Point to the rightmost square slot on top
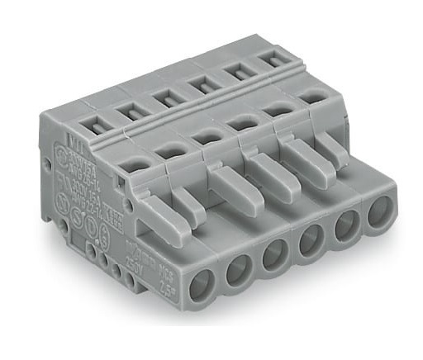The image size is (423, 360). point(268,59)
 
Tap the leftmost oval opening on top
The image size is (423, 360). point(130,164)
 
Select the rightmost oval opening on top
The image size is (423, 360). point(310,96)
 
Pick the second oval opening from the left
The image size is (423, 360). point(171,149)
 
